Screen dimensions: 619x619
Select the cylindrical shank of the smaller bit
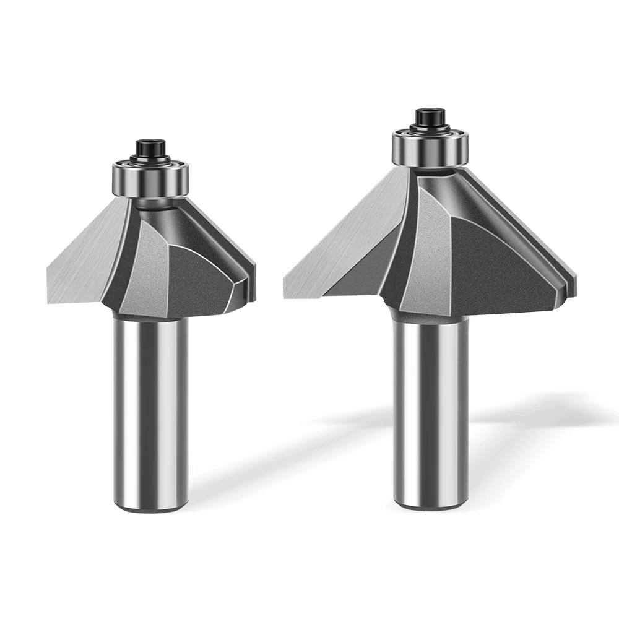click(150, 409)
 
